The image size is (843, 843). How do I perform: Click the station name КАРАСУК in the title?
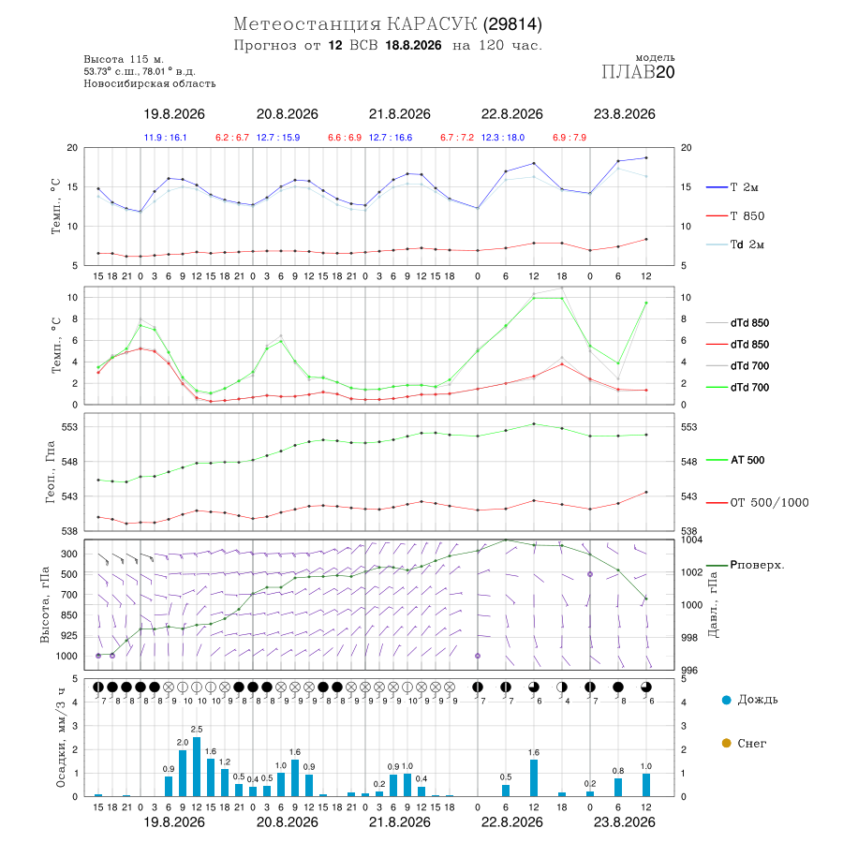[x=432, y=24]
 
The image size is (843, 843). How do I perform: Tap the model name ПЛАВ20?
[x=638, y=72]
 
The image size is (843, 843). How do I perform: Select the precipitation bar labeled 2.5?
[x=197, y=766]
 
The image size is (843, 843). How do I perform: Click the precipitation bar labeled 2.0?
[x=183, y=773]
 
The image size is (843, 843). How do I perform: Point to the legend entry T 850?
[x=735, y=216]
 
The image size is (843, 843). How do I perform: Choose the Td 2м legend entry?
[x=735, y=244]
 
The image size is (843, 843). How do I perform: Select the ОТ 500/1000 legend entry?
[x=758, y=503]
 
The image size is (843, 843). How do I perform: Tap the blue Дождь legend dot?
[x=727, y=700]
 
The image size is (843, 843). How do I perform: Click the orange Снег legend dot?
[x=727, y=744]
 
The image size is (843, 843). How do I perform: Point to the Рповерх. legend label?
[x=757, y=565]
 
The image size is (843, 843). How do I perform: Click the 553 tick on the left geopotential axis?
[x=70, y=427]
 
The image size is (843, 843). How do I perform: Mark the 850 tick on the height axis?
[x=68, y=615]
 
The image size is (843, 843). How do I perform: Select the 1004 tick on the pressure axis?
[x=692, y=540]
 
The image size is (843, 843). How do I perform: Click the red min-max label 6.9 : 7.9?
[x=569, y=138]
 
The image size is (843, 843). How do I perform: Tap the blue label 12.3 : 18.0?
[x=503, y=138]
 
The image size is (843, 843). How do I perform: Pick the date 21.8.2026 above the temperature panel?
[x=399, y=114]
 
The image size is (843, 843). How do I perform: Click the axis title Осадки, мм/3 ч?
[x=60, y=738]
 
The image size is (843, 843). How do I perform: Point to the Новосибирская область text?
[x=150, y=84]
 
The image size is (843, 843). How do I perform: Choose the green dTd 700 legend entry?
[x=738, y=388]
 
